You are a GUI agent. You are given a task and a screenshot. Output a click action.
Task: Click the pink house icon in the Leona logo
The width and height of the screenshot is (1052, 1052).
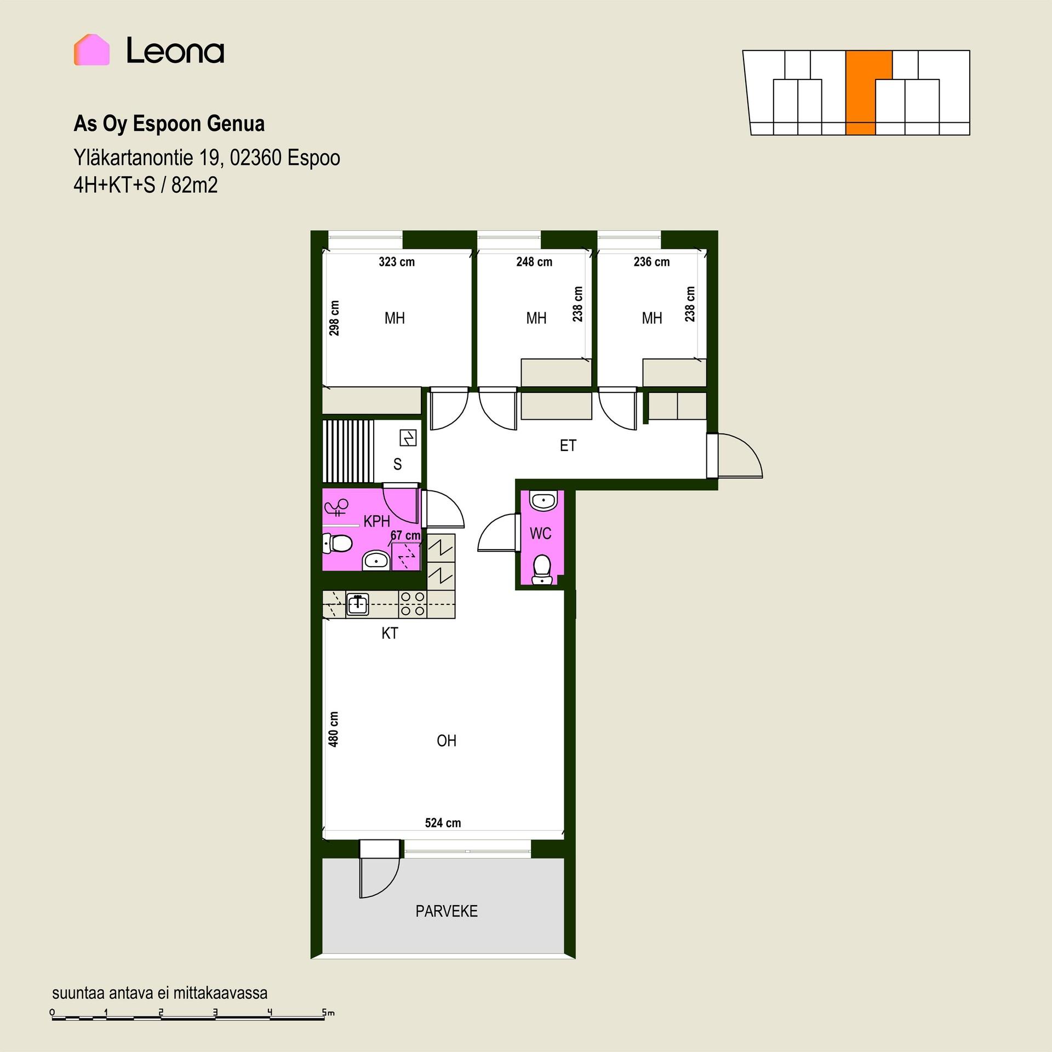click(x=92, y=50)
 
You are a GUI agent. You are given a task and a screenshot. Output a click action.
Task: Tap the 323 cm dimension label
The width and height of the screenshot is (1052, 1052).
click(x=397, y=262)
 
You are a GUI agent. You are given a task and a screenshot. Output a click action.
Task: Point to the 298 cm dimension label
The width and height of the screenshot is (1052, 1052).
click(x=334, y=318)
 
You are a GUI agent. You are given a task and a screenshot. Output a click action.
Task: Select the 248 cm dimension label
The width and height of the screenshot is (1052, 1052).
click(x=534, y=262)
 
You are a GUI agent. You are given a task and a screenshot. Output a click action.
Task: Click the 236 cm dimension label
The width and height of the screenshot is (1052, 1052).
click(x=651, y=262)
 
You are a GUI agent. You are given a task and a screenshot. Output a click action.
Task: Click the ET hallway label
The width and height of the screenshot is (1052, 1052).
click(x=568, y=446)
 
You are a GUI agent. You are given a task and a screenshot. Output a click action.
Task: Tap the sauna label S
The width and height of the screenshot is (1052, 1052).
click(x=398, y=465)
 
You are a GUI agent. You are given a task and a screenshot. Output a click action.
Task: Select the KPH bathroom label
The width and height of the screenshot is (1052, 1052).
click(x=377, y=521)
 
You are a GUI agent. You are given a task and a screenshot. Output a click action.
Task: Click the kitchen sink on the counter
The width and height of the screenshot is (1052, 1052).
click(x=358, y=604)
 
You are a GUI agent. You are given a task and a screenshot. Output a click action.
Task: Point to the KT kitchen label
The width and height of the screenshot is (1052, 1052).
click(x=390, y=633)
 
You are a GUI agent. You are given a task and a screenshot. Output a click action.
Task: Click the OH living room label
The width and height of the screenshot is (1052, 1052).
click(x=447, y=741)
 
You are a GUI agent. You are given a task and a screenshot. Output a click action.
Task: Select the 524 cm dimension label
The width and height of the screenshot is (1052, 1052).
click(x=443, y=823)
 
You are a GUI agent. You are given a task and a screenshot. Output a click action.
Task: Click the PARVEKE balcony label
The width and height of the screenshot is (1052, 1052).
click(x=447, y=911)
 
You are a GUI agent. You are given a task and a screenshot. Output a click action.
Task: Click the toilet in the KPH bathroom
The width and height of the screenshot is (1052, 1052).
click(x=338, y=544)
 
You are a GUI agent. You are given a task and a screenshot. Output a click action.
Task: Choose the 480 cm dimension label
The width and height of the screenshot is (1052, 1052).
click(x=333, y=729)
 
